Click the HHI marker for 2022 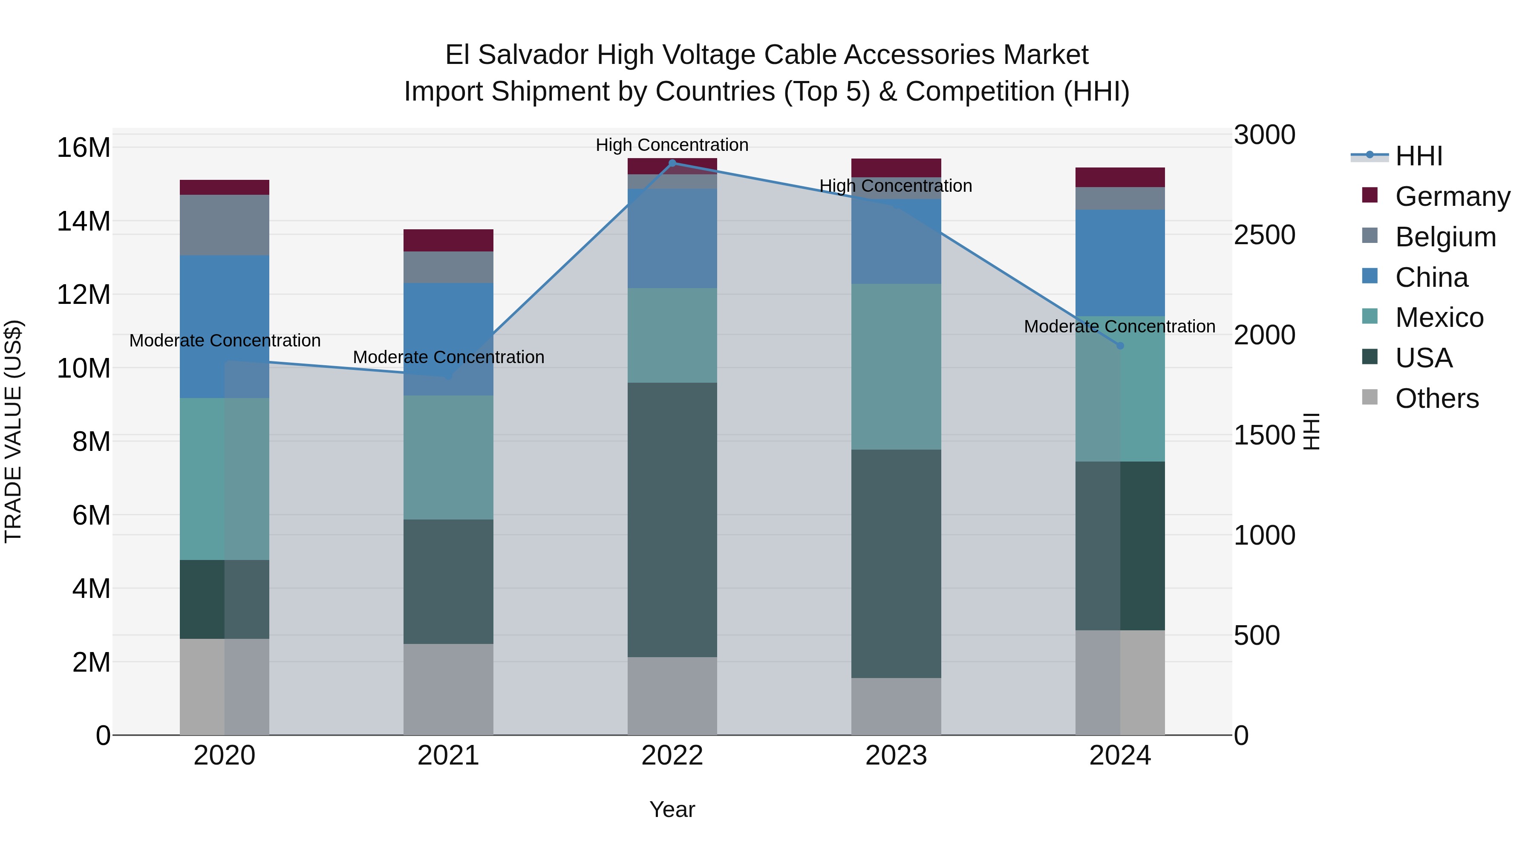672,163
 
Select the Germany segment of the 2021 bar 448,240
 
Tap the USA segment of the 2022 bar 672,520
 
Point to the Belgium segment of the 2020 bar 225,225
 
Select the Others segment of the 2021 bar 448,689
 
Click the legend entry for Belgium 1445,237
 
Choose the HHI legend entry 1419,156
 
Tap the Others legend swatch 1370,397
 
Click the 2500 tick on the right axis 1264,235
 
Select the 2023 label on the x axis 896,756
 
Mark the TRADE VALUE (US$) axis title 13,431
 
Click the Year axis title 672,809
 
